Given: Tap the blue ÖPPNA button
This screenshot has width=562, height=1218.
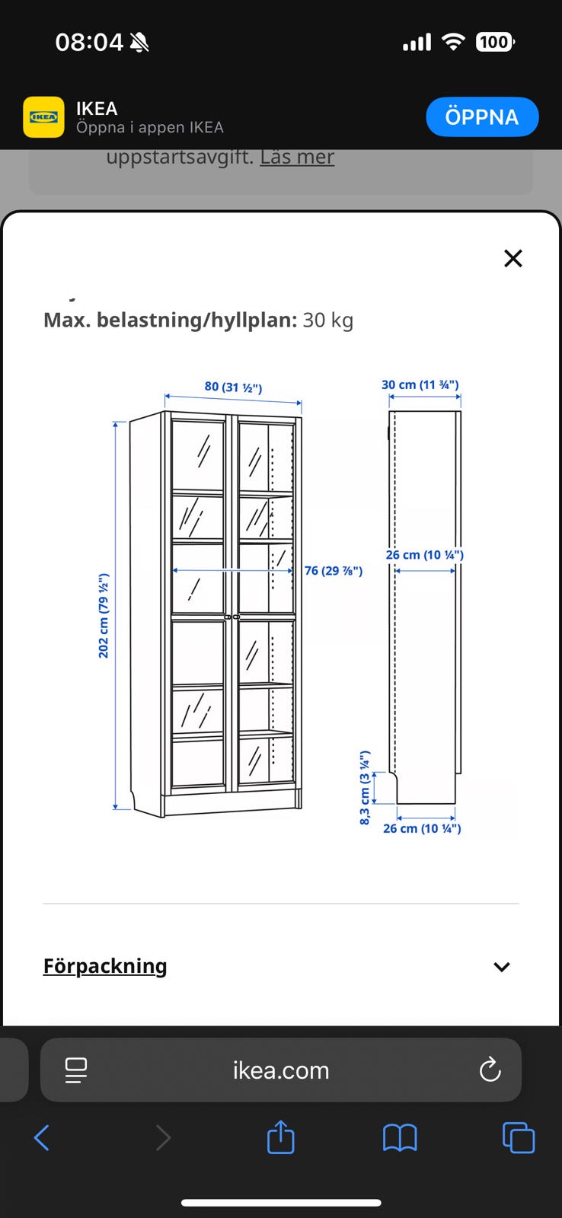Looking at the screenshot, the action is tap(482, 117).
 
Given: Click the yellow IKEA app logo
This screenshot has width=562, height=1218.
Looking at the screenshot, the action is tap(43, 117).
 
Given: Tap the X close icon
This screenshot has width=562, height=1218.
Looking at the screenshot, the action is tap(513, 258).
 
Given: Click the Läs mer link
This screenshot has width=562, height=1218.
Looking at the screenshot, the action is tap(297, 157).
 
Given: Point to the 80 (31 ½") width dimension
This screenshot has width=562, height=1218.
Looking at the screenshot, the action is tap(233, 387).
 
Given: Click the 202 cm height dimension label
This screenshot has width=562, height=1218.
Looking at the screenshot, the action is tap(104, 615).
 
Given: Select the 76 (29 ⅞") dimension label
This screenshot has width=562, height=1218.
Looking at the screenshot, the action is tap(334, 570).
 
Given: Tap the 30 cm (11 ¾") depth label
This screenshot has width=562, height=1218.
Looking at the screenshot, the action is tap(420, 385).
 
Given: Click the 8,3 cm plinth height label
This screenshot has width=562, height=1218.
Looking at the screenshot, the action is tap(365, 787).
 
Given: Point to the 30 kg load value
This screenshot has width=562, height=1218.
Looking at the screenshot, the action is tap(328, 320).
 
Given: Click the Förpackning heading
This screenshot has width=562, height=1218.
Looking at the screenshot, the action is tap(105, 966).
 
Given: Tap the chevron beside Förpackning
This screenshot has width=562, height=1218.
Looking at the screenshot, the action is tap(502, 967).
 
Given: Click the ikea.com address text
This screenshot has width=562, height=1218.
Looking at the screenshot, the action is tap(281, 1070).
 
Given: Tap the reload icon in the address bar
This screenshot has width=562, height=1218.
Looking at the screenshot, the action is tap(490, 1070).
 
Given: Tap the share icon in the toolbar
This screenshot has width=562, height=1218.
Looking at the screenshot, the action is tap(281, 1137).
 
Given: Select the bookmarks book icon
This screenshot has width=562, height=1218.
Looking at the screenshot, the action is tap(400, 1137).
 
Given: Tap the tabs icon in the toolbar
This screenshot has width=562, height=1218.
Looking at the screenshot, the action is tap(519, 1137).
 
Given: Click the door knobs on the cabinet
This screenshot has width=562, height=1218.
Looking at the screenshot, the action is tap(232, 617).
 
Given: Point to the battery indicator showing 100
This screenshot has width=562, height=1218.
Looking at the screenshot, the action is tap(494, 42).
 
